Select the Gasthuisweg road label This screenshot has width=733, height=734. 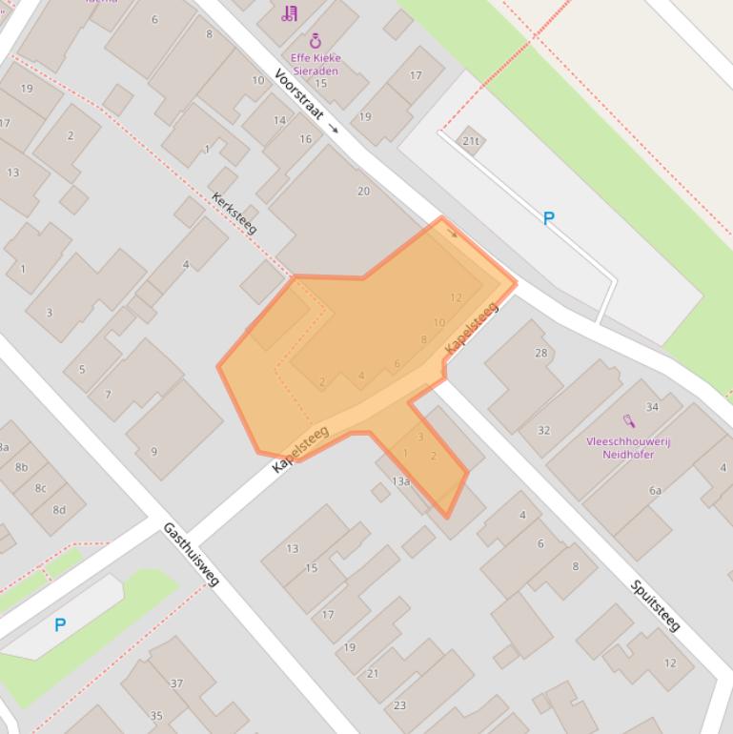coord(191,554)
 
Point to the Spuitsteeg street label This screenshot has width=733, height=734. coord(656,604)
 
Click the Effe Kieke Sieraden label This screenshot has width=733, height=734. coord(315,64)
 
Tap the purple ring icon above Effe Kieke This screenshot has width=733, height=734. coord(316,41)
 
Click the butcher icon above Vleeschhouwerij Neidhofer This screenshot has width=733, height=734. coord(629,420)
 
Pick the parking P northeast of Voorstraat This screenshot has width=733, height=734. coord(548,218)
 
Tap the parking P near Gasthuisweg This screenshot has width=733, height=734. coord(60,624)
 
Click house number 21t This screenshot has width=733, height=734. coord(470,141)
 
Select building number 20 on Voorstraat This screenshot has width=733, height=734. coord(363,191)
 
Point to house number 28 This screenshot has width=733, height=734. coord(541,354)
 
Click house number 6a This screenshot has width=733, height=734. coord(655,490)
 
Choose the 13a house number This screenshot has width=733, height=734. coord(400,481)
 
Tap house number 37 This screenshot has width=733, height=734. coord(176,683)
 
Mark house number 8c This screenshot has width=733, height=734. coord(40,488)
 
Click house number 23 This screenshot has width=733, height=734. coord(399,705)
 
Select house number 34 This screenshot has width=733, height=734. coord(652,407)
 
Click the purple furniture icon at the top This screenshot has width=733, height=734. coord(289,13)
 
